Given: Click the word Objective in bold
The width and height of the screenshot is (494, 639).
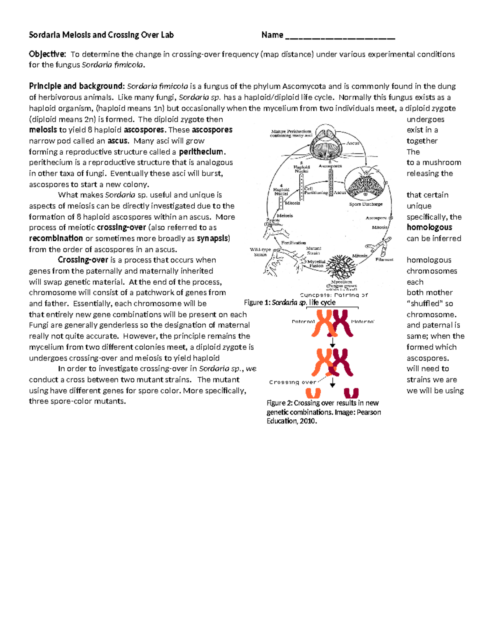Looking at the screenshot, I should click(47, 54).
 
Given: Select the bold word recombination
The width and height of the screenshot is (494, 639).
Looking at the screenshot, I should click(56, 238).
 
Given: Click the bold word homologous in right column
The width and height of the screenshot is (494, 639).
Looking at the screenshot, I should click(429, 228).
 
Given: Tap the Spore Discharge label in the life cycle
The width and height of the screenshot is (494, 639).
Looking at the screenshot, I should click(366, 204).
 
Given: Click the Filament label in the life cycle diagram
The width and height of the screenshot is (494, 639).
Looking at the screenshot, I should click(384, 260).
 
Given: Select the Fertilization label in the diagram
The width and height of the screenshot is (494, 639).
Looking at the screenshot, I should click(294, 243).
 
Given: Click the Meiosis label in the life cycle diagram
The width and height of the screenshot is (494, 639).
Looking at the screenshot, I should click(285, 216).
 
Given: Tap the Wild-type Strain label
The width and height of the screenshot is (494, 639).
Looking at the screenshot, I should click(260, 252).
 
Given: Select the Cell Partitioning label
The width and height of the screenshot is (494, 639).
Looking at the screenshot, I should click(316, 191).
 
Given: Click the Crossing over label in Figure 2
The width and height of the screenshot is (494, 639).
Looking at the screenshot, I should click(292, 382).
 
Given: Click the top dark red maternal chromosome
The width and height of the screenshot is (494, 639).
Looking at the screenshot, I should click(343, 323).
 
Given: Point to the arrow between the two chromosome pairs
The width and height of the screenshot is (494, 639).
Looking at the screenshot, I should click(333, 342).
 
